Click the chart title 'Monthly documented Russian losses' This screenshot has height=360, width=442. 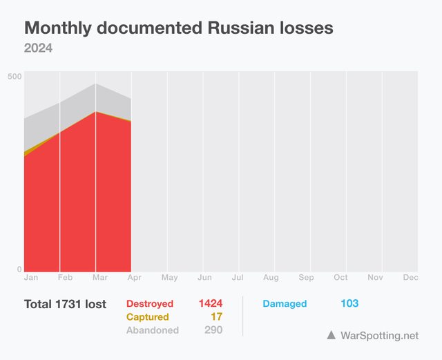click(x=179, y=28)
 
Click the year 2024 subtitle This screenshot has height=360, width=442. click(x=39, y=48)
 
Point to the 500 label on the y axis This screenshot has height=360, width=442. click(x=15, y=76)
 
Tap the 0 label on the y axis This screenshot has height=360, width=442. click(x=19, y=269)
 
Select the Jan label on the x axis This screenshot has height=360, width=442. click(x=31, y=278)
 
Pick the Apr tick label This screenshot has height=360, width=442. click(x=135, y=278)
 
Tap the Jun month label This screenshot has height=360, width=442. click(x=204, y=278)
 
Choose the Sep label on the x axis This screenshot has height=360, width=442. click(x=306, y=278)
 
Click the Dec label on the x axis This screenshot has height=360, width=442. click(x=410, y=278)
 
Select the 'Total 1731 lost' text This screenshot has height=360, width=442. click(x=65, y=304)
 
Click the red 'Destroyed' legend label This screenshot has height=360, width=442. click(x=150, y=304)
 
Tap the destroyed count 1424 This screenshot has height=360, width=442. click(x=211, y=304)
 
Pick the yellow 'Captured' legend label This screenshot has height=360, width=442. click(x=147, y=317)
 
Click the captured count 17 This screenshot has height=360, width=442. click(x=216, y=317)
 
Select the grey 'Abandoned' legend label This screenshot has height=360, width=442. click(x=152, y=330)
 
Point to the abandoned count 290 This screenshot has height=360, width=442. click(x=213, y=330)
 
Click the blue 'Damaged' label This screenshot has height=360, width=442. click(x=285, y=304)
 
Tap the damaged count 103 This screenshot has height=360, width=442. click(x=349, y=304)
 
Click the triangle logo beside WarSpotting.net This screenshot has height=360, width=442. click(x=331, y=335)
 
